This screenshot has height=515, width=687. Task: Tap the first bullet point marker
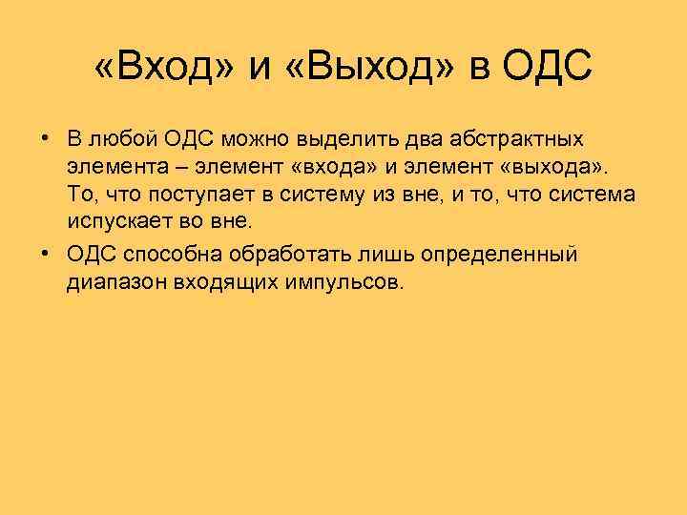tap(45, 139)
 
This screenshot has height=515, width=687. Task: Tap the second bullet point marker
tap(45, 255)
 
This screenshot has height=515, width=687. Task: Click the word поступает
tap(191, 196)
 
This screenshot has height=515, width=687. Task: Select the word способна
tap(170, 256)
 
